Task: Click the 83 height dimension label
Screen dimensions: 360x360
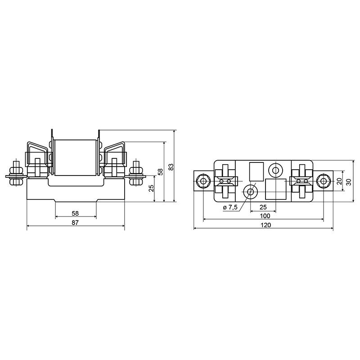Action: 171,167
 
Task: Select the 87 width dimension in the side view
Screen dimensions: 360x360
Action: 75,222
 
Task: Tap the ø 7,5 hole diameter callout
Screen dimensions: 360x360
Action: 230,207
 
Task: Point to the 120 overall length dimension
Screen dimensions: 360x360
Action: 266,225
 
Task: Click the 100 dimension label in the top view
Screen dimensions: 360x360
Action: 265,216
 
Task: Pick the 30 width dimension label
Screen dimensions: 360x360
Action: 349,182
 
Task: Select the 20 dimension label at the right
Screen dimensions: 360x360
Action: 339,181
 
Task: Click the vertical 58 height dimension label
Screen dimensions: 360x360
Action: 161,172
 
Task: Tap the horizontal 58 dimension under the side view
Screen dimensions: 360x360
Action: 75,213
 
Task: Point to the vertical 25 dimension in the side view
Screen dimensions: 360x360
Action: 151,188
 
